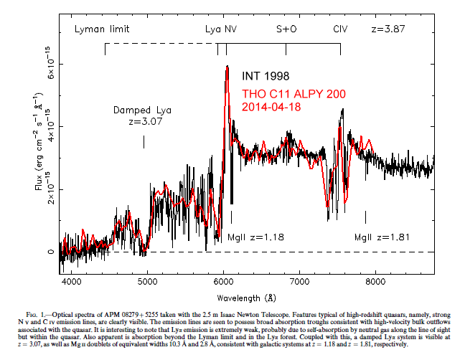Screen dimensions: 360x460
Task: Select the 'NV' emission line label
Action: [x=230, y=30]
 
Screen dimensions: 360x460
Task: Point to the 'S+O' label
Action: [x=286, y=30]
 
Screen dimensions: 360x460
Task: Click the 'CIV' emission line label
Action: [x=340, y=30]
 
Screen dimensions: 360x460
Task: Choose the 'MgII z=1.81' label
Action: [x=383, y=237]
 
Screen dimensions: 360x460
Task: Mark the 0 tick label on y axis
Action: [x=51, y=252]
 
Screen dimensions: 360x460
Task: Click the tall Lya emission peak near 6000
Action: [x=227, y=68]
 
